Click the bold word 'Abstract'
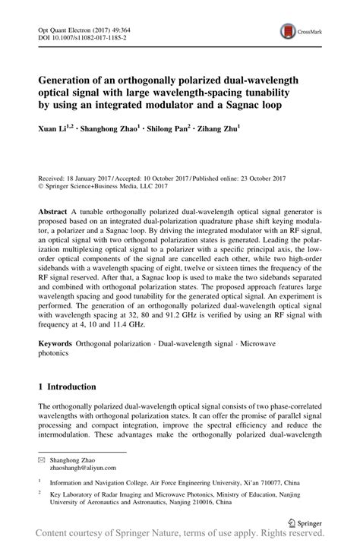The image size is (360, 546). point(55,208)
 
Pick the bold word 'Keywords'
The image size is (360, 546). point(58,344)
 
